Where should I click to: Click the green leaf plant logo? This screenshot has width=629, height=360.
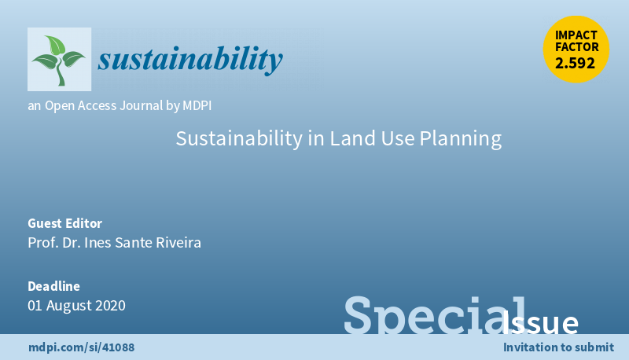point(59,59)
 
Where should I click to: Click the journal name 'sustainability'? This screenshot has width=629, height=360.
point(190,59)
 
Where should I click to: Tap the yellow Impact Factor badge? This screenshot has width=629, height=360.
point(576,50)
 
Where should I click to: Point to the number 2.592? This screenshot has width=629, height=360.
point(575,64)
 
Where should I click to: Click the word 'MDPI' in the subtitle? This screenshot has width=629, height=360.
point(197,106)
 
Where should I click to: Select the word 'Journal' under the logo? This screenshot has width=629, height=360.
point(142,106)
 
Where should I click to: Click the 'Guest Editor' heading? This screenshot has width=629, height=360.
point(65,223)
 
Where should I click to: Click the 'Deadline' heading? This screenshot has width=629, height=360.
point(53,286)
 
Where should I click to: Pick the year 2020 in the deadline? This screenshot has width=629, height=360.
point(110,306)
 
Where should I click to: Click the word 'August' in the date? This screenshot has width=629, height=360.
point(68,306)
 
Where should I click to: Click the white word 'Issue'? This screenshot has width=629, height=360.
point(539,322)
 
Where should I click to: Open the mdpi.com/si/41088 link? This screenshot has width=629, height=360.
point(82,347)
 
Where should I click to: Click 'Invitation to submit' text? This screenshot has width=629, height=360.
point(558,347)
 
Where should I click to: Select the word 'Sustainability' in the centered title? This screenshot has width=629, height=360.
point(239,138)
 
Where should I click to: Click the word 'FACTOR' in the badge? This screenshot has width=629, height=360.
point(577,47)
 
